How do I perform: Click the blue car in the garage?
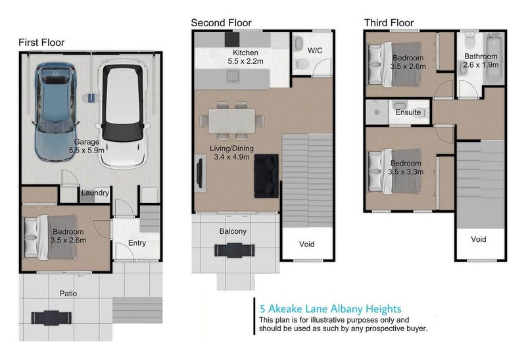pos(55,112)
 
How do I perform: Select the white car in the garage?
pos(122,114)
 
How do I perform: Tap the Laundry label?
pos(95,192)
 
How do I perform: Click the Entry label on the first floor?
pos(137,243)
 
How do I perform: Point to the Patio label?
pos(68,294)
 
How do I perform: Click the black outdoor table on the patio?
pos(51,318)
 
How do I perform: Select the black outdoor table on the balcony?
pos(235,250)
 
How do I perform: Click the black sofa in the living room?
pos(266,176)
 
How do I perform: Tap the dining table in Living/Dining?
pos(232,121)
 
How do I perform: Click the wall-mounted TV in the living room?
pos(199,173)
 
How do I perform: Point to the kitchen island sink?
pos(233,77)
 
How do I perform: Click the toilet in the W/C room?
pos(302,63)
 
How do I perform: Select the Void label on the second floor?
pos(306,244)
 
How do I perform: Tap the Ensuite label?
pos(408,112)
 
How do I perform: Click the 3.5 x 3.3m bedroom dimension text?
pos(406,172)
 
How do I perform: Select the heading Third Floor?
pos(389,23)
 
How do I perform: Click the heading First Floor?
pos(41,43)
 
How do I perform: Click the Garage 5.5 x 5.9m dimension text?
pos(87,150)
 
